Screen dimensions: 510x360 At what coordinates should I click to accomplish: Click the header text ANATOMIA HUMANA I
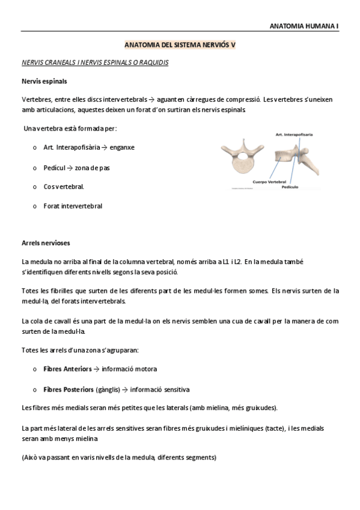point(304,26)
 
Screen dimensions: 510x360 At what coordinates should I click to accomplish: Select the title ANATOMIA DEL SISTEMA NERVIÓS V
point(180,45)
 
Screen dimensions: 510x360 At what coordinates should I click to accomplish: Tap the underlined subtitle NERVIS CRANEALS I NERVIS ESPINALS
point(95,62)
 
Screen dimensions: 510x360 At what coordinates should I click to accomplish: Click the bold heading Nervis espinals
point(44,80)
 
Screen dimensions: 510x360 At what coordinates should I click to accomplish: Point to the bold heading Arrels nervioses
point(46,243)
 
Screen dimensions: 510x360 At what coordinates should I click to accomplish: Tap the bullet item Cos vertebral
point(64,186)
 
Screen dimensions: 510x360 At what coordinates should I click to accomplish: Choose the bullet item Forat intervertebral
point(73,206)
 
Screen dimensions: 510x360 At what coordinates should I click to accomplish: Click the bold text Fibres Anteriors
point(67,369)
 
